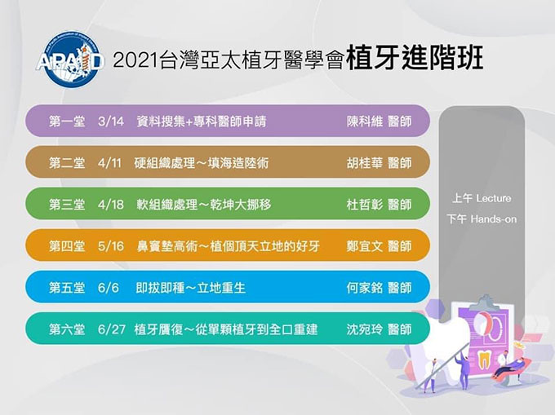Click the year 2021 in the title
pyautogui.click(x=135, y=60)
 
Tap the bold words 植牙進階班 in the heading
pyautogui.click(x=415, y=58)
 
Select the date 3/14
pyautogui.click(x=111, y=121)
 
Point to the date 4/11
pyautogui.click(x=109, y=163)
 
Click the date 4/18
pyautogui.click(x=111, y=205)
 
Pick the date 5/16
pyautogui.click(x=111, y=246)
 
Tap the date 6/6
pyautogui.click(x=109, y=288)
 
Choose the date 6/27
pyautogui.click(x=112, y=329)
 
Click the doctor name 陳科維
pyautogui.click(x=365, y=121)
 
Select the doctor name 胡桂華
pyautogui.click(x=365, y=163)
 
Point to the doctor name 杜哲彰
pyautogui.click(x=365, y=205)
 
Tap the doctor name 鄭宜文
pyautogui.click(x=365, y=246)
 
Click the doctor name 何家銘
pyautogui.click(x=365, y=288)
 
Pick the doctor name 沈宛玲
pyautogui.click(x=365, y=329)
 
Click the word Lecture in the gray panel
pyautogui.click(x=494, y=198)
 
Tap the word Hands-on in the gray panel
pyautogui.click(x=494, y=219)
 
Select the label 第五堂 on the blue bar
pyautogui.click(x=67, y=288)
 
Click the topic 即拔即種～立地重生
pyautogui.click(x=190, y=288)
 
